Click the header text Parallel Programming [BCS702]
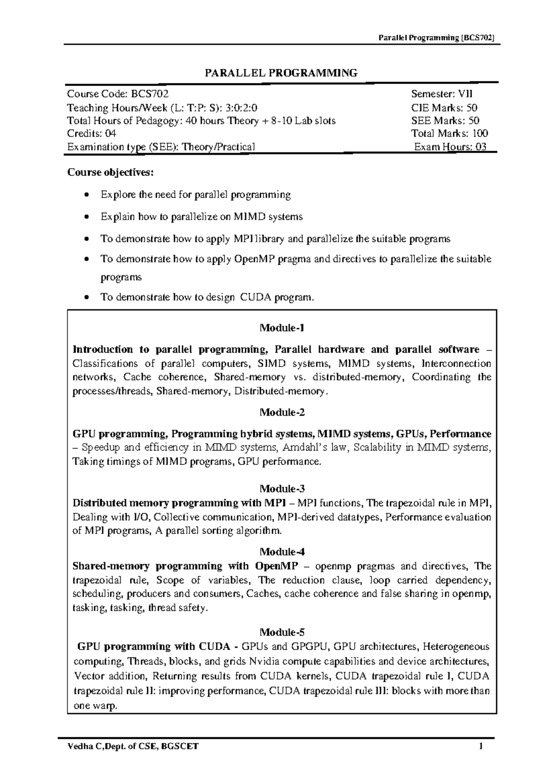pos(437,38)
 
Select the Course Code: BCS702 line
pos(115,94)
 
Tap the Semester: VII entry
pos(442,94)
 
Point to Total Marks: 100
pos(450,134)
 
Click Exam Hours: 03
pos(450,147)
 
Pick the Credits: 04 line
pos(92,134)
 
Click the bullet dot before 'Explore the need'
pos(86,196)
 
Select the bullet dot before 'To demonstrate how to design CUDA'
pos(86,298)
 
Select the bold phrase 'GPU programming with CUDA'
pos(157,646)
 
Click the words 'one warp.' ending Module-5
pos(96,706)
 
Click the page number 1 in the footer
pos(481,747)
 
